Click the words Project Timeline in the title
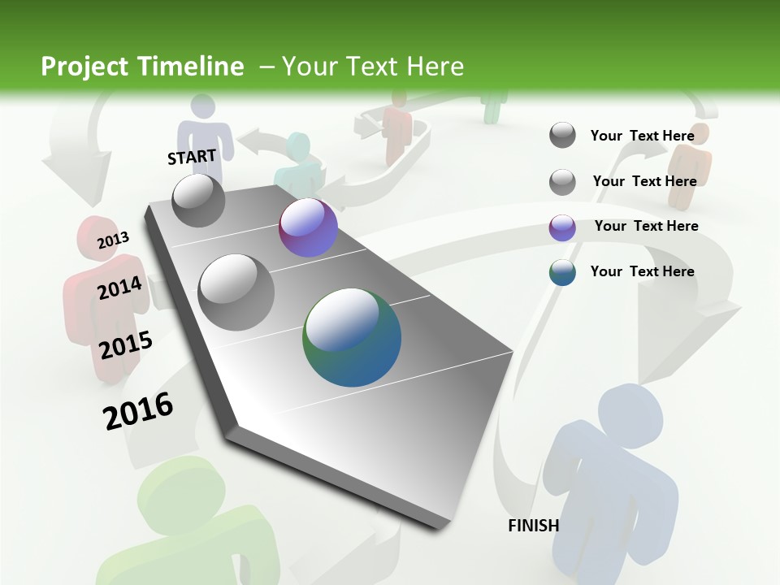142,67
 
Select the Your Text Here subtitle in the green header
373,67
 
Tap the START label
192,157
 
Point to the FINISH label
533,526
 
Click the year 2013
113,240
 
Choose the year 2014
119,288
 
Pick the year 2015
125,344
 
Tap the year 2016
138,411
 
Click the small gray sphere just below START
198,200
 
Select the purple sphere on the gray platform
308,227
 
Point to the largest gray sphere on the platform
236,292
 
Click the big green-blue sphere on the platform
352,336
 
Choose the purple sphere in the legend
562,227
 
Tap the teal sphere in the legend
562,272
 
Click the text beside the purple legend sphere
646,226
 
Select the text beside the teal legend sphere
642,271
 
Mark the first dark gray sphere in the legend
562,135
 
